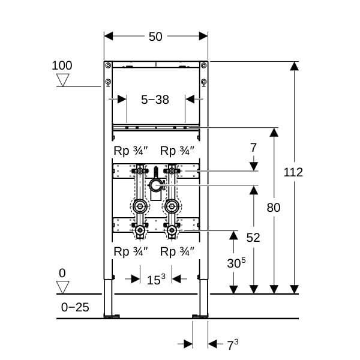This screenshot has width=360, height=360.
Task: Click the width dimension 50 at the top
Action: tap(155, 37)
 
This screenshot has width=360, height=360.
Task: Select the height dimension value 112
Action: tap(293, 172)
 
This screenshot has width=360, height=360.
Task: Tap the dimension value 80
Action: tap(274, 208)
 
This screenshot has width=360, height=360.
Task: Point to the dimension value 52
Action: tap(253, 238)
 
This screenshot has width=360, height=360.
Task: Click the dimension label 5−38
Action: tap(155, 100)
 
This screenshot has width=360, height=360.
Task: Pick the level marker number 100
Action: tap(62, 65)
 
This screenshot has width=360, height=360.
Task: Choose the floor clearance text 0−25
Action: tap(75, 307)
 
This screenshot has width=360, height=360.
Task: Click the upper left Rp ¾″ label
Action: tap(131, 151)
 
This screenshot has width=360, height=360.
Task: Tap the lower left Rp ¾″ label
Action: tap(131, 251)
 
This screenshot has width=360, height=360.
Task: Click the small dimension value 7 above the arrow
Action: tap(253, 147)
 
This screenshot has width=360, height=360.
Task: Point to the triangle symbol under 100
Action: tap(62, 79)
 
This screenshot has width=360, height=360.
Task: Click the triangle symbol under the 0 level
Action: tap(62, 286)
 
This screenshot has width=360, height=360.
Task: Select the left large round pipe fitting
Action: tap(140, 206)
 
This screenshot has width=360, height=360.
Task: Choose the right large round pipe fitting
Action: tap(172, 206)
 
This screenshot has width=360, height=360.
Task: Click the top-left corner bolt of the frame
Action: tap(108, 65)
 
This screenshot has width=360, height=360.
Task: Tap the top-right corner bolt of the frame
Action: tap(202, 65)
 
